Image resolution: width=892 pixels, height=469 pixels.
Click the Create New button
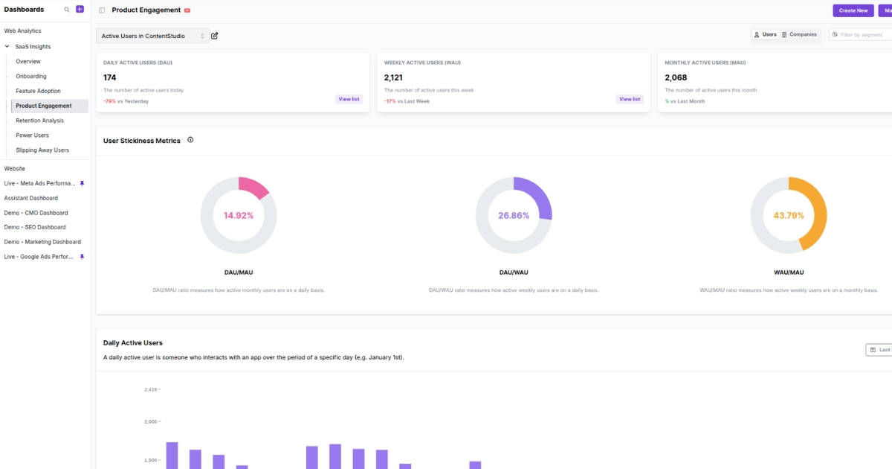pos(853,10)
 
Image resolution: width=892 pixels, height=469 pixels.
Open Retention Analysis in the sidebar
pos(39,121)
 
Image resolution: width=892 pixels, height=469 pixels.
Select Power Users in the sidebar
pos(32,135)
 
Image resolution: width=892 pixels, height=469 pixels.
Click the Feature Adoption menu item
pos(38,91)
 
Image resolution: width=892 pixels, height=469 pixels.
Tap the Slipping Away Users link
pos(42,150)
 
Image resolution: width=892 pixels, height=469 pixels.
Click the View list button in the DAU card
pos(349,99)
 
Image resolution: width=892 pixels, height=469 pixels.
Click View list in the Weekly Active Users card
pos(630,99)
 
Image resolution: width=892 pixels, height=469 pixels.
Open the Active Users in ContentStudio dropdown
pos(152,36)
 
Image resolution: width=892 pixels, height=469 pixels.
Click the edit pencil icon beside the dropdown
pos(215,36)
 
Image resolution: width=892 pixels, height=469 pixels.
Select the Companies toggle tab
pos(799,35)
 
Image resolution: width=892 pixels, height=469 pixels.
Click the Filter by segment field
pos(861,35)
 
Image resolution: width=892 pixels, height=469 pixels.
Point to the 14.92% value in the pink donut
pos(239,215)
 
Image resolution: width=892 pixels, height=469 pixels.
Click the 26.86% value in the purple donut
pos(514,215)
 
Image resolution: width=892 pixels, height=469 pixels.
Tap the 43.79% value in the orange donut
pos(789,215)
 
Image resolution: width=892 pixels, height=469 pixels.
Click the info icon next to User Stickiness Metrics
pos(190,140)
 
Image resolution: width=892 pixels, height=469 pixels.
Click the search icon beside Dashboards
pos(67,10)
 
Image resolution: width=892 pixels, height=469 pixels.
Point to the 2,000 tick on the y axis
pos(152,421)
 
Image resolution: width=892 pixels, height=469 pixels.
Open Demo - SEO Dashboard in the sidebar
pos(35,227)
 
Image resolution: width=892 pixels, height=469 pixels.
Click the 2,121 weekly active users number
pos(395,77)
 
